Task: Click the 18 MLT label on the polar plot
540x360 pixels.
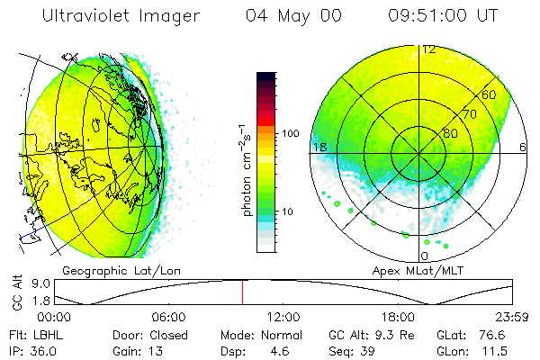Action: tap(319, 147)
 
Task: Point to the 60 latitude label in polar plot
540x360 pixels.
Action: tap(490, 94)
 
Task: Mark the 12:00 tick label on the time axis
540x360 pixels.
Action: tap(283, 317)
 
